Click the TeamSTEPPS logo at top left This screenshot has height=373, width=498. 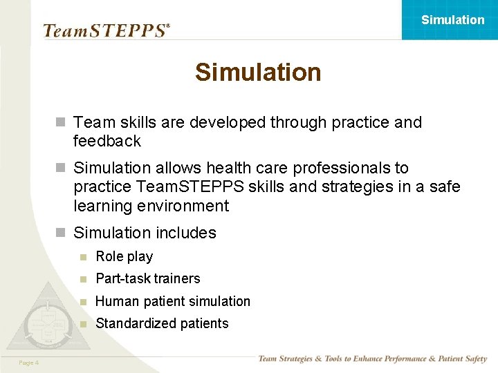tap(106, 30)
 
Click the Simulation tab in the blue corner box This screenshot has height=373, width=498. tap(452, 20)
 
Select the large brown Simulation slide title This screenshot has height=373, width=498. tap(258, 72)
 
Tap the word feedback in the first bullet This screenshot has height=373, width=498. tap(107, 141)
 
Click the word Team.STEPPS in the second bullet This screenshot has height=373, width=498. tap(176, 186)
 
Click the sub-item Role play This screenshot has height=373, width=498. tap(124, 256)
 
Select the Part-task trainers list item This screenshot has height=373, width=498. tap(147, 278)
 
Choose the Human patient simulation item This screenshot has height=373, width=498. tap(173, 301)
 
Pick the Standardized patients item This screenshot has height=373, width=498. tap(162, 323)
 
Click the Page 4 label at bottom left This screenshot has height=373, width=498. tap(29, 363)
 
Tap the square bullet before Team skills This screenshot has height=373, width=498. tap(61, 123)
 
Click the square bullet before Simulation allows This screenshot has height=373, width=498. tap(61, 168)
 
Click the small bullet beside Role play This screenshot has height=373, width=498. tap(83, 257)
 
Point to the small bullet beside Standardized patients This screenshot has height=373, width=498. tap(83, 324)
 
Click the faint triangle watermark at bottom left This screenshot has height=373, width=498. tap(46, 318)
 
